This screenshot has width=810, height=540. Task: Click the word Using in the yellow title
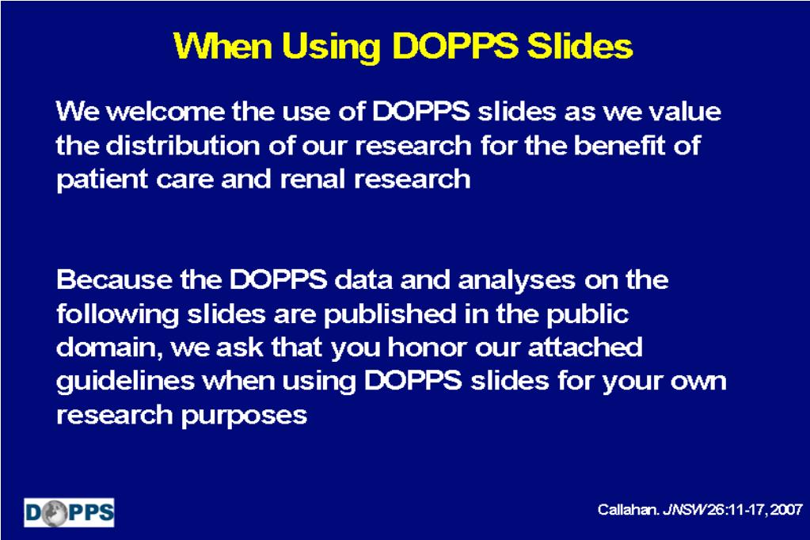click(x=331, y=48)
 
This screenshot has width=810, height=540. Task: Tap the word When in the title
click(x=223, y=46)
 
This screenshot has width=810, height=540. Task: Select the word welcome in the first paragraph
click(x=165, y=112)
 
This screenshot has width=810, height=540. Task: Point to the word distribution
click(x=184, y=145)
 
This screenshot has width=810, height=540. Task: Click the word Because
click(x=114, y=280)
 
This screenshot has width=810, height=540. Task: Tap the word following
click(x=117, y=314)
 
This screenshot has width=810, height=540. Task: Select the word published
click(x=390, y=314)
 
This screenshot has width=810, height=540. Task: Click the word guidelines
click(x=126, y=382)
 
